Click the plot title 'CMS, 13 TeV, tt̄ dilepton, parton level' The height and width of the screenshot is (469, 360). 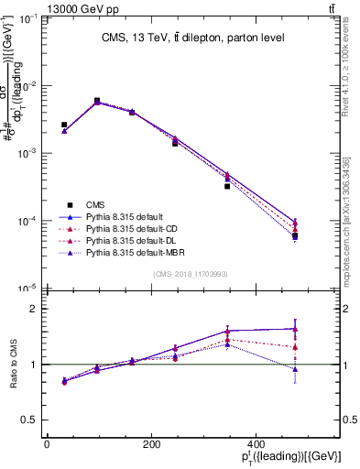click(192, 38)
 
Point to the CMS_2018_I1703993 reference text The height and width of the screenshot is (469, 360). click(192, 274)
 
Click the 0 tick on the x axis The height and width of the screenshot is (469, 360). click(47, 444)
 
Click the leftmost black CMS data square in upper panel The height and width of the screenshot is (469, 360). click(64, 125)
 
